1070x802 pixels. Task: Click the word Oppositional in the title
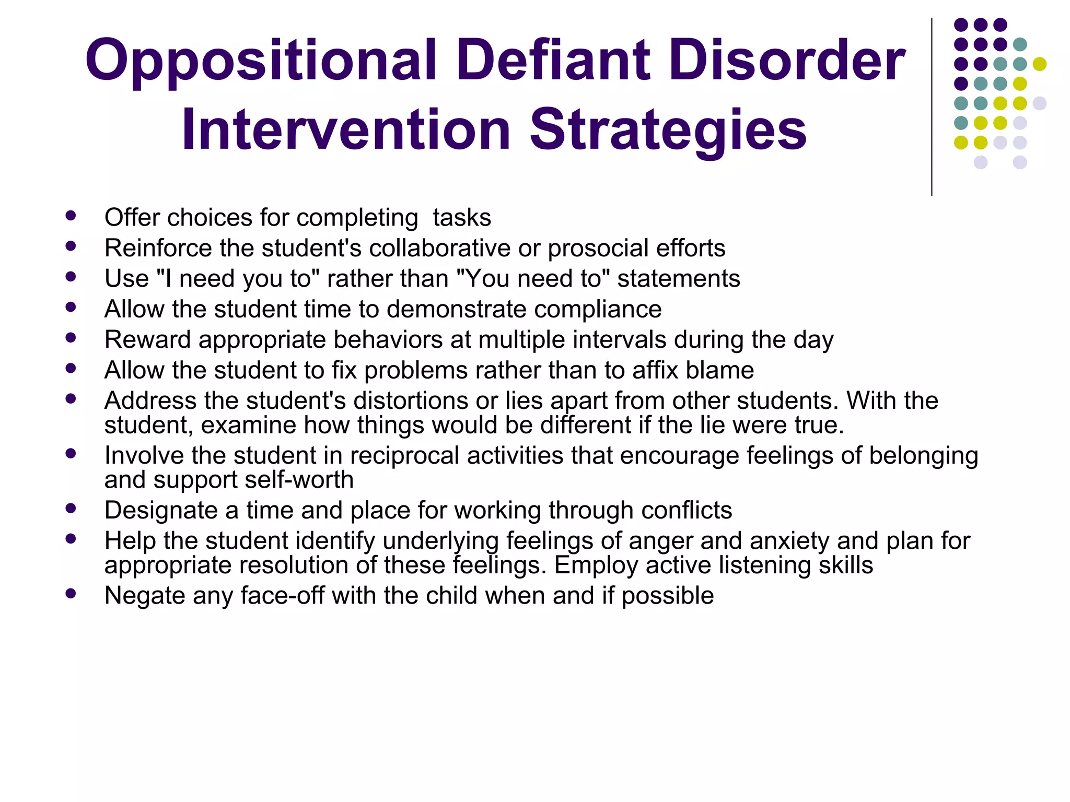tap(261, 62)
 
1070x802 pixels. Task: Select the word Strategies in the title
tap(668, 131)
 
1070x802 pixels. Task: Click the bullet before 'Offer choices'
tap(71, 215)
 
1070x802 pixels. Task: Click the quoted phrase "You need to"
tap(533, 279)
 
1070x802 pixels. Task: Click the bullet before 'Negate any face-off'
tap(71, 593)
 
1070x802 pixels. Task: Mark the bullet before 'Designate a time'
tap(71, 508)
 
